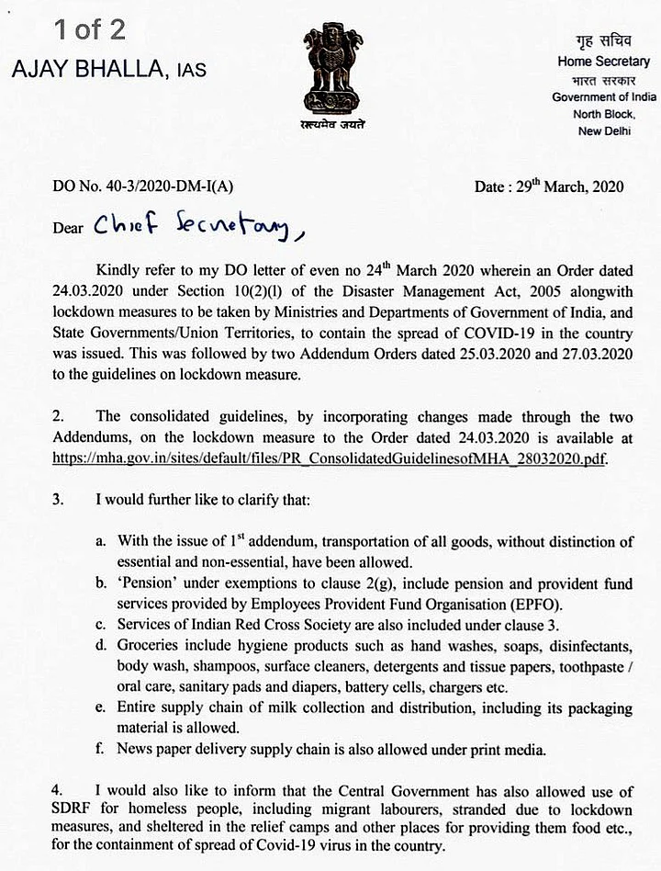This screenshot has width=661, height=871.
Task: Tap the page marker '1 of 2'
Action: pyautogui.click(x=89, y=29)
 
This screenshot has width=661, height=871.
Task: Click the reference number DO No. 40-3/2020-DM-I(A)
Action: pyautogui.click(x=144, y=187)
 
